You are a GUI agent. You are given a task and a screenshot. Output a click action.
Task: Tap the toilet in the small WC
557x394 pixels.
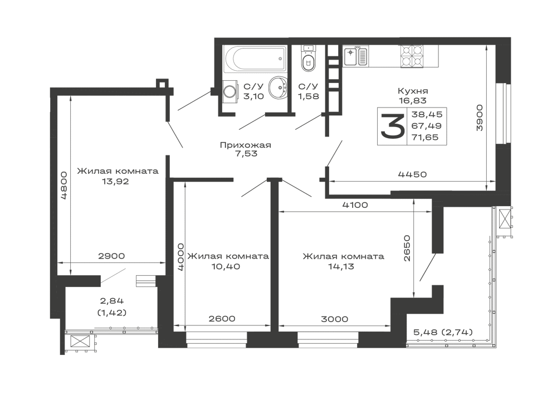pos(306,59)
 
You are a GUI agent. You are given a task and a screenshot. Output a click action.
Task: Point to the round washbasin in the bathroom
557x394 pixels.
pos(277,89)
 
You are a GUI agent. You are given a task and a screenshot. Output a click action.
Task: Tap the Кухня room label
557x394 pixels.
pos(412,90)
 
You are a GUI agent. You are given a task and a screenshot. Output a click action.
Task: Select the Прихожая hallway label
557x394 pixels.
pos(245,146)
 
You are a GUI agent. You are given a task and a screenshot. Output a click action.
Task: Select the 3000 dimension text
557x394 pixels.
pos(334,319)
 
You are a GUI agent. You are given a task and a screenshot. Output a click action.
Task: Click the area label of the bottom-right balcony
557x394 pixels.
pos(443,333)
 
